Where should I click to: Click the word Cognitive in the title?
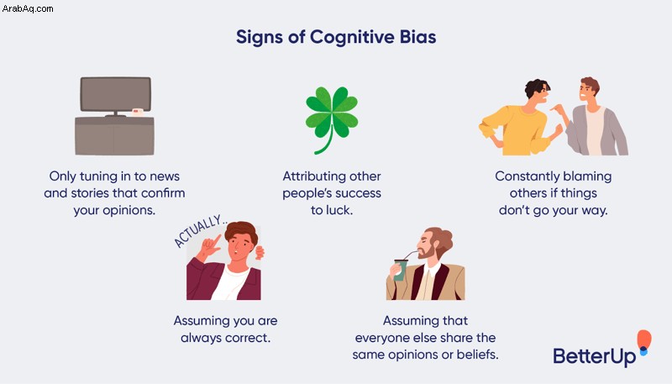[x=352, y=37]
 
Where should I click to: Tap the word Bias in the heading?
[x=417, y=37]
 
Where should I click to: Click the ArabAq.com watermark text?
[x=28, y=8]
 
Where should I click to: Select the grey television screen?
[x=115, y=94]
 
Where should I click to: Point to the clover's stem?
[x=326, y=140]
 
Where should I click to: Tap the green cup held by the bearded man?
[x=401, y=270]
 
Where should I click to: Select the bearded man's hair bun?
[x=444, y=237]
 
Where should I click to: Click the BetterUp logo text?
[x=595, y=356]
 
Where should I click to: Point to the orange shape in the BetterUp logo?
[x=644, y=339]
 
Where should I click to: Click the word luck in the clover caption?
[x=339, y=210]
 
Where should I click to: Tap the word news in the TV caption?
[x=165, y=176]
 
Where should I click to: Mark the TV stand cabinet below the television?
[x=114, y=136]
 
